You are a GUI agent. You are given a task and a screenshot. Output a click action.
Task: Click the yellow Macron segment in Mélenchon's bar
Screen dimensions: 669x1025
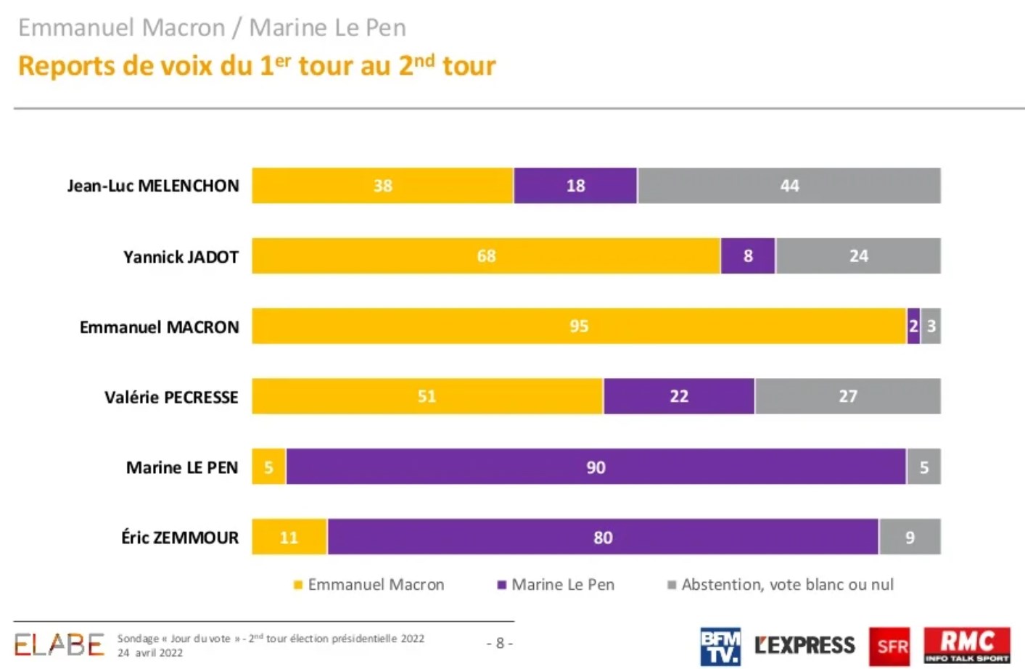(382, 186)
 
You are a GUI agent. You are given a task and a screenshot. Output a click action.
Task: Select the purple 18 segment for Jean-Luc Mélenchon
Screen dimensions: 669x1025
(575, 186)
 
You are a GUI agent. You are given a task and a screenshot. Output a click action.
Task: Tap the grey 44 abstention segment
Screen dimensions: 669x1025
(789, 186)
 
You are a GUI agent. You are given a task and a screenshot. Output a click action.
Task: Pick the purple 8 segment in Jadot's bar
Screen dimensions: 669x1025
(748, 256)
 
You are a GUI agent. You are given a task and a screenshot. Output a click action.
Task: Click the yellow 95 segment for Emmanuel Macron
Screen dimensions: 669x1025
(579, 327)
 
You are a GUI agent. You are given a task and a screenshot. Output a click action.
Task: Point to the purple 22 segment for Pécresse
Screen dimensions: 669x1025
(679, 396)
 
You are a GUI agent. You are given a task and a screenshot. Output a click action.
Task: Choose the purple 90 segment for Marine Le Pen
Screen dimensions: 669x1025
(596, 467)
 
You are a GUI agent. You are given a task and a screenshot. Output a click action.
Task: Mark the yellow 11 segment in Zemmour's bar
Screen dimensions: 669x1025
(289, 537)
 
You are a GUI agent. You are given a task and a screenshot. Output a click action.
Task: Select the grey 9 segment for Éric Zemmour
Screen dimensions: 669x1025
(910, 537)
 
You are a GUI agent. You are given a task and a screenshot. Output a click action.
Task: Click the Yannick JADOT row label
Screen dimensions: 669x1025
(181, 257)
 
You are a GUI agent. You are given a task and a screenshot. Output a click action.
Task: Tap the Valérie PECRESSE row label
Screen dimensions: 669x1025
(171, 397)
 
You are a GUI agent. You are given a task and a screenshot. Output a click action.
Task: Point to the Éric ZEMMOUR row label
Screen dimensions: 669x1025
(180, 538)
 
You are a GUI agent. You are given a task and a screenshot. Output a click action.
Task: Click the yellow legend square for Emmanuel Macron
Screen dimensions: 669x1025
(297, 585)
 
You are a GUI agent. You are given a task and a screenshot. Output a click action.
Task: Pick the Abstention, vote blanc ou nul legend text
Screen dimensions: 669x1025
(787, 585)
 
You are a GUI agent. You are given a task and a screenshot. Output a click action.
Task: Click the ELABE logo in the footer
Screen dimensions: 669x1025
(59, 644)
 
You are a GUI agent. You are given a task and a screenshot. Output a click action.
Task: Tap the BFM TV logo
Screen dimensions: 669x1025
(720, 646)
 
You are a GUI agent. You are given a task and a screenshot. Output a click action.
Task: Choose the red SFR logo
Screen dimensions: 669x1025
(889, 646)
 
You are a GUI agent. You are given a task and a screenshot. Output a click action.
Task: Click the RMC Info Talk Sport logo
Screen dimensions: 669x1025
(966, 644)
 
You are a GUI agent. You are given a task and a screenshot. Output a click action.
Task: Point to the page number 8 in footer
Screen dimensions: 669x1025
(500, 643)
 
